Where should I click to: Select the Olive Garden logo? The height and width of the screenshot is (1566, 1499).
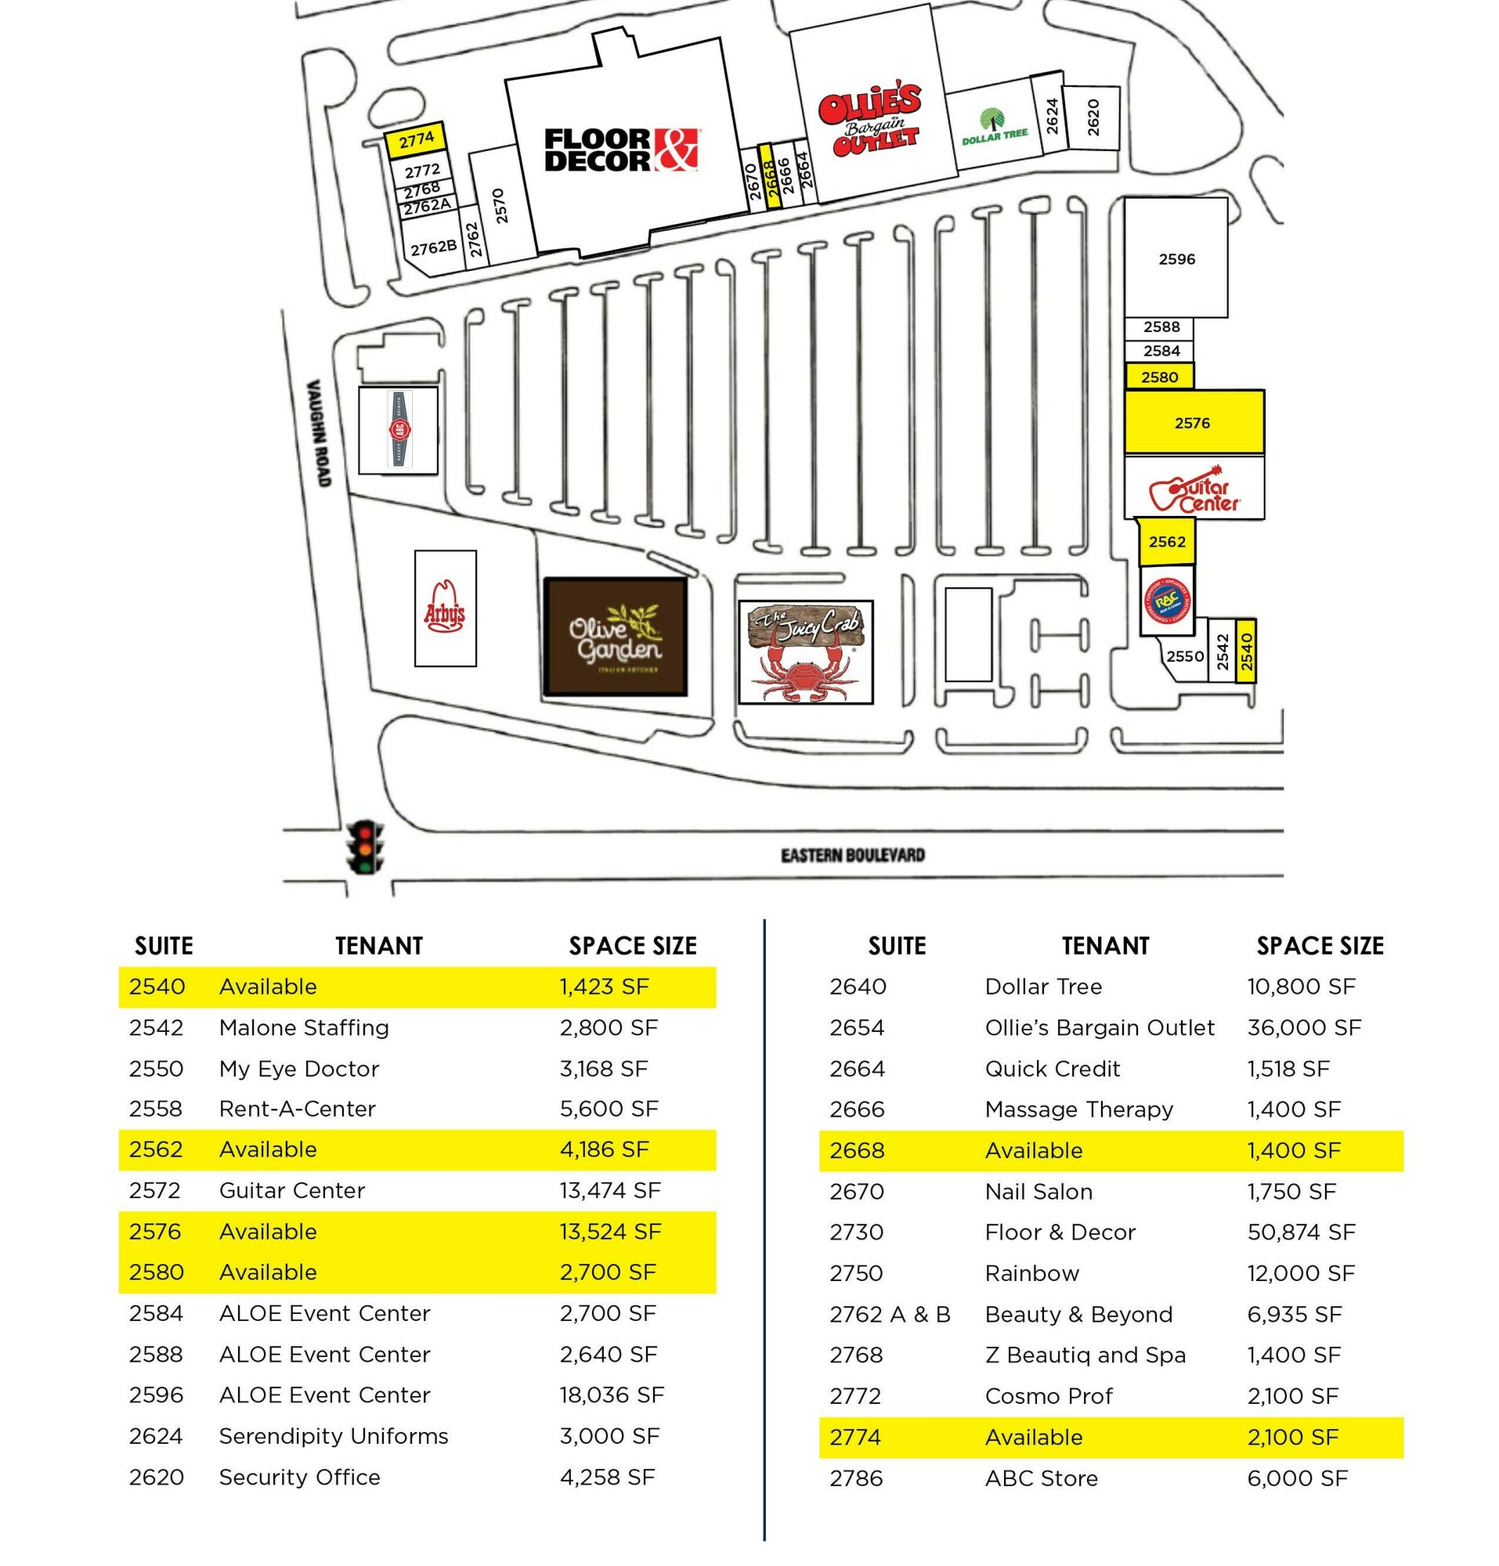pyautogui.click(x=616, y=637)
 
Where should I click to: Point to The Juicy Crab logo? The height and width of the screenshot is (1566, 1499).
pyautogui.click(x=805, y=652)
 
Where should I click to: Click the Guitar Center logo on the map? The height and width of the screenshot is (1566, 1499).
pyautogui.click(x=1194, y=489)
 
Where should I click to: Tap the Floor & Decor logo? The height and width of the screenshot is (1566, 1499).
pyautogui.click(x=621, y=150)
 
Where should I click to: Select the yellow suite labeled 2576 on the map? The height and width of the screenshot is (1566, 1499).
pyautogui.click(x=1193, y=423)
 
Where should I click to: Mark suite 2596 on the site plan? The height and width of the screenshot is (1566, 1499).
pyautogui.click(x=1176, y=259)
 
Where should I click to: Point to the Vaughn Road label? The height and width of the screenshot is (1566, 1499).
pyautogui.click(x=319, y=432)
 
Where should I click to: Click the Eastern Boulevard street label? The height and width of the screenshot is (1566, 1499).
pyautogui.click(x=852, y=856)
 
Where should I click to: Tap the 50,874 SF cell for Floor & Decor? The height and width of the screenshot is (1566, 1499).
pyautogui.click(x=1301, y=1232)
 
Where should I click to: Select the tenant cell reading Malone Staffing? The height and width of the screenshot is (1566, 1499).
pyautogui.click(x=304, y=1027)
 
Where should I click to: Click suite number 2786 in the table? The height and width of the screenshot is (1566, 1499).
pyautogui.click(x=856, y=1478)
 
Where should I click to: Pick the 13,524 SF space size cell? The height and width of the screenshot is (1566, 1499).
pyautogui.click(x=609, y=1231)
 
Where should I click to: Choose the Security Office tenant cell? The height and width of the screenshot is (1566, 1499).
pyautogui.click(x=300, y=1478)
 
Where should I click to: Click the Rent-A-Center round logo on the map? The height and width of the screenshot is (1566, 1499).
pyautogui.click(x=1167, y=600)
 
